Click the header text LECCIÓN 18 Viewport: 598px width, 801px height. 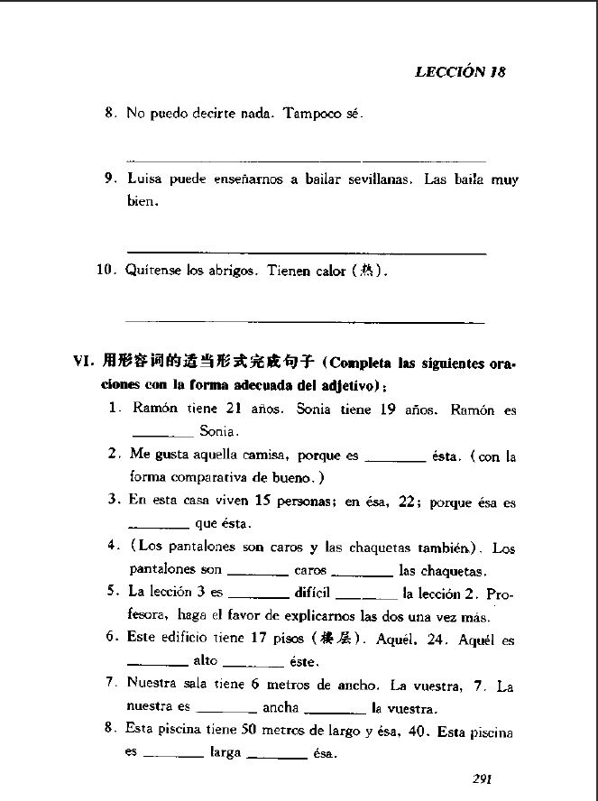459,73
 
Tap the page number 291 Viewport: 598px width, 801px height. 486,778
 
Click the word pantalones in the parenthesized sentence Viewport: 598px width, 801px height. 196,548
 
